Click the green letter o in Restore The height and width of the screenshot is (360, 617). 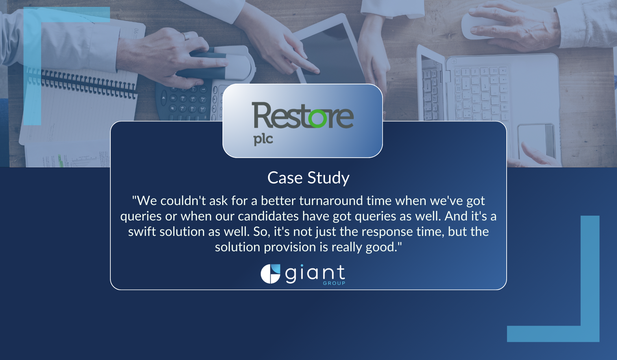pos(317,118)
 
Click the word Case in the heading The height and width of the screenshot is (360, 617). pos(285,178)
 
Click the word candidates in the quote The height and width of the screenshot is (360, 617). pos(268,216)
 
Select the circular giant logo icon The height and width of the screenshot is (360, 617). pos(270,274)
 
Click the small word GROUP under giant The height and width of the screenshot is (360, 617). pos(334,283)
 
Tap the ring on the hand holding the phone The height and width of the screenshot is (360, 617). pos(186,36)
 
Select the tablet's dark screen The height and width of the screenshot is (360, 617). pos(329,55)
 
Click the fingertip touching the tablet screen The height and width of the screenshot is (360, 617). pos(314,71)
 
